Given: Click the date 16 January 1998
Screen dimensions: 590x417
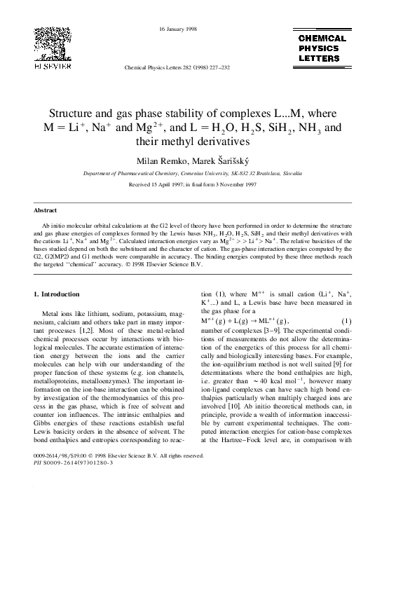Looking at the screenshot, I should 177,29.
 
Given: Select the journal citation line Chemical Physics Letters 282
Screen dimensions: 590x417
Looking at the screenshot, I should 176,70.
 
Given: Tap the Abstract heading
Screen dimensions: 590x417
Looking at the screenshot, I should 46,210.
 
